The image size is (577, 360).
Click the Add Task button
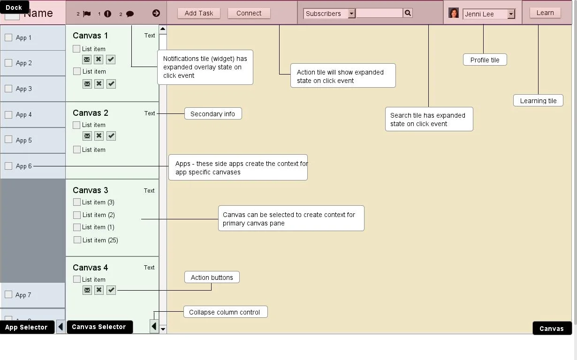click(198, 13)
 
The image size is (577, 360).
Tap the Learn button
click(545, 13)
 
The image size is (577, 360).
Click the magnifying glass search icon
click(408, 13)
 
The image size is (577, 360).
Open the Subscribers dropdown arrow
click(351, 14)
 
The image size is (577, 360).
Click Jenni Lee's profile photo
click(453, 13)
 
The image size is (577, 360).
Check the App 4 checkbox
click(8, 114)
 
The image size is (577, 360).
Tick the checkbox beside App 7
click(8, 294)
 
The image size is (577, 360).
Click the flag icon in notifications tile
click(87, 14)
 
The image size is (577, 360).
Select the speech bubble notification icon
click(130, 14)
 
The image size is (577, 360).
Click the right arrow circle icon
click(156, 13)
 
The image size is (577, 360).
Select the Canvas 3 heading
click(90, 190)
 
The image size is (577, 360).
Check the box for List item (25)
click(77, 240)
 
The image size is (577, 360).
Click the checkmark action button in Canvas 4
click(111, 290)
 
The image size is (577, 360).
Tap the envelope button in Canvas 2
click(87, 136)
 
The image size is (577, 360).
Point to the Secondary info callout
click(213, 113)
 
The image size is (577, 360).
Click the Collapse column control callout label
click(225, 312)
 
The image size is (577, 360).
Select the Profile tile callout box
click(485, 60)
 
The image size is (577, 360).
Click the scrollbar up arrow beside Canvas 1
click(163, 29)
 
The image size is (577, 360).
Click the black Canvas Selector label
click(99, 327)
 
